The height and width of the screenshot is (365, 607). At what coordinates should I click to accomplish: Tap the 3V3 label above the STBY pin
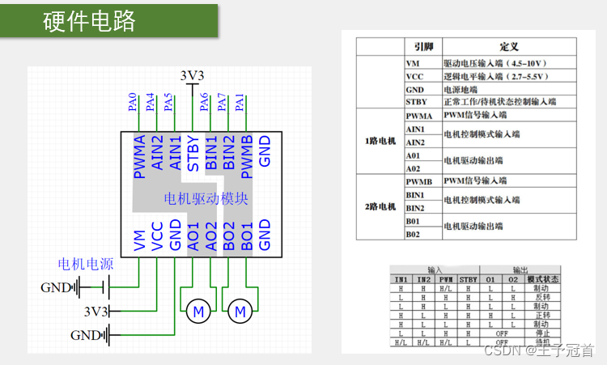[193, 76]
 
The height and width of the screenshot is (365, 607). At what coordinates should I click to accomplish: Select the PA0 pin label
[133, 102]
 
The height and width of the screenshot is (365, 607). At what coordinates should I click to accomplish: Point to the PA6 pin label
[203, 102]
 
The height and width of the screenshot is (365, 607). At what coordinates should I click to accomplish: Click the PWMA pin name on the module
[141, 152]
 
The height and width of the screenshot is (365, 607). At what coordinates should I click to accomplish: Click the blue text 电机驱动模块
[206, 198]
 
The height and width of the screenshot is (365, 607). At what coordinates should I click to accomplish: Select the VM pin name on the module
[141, 240]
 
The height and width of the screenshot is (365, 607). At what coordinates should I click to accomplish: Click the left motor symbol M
[197, 310]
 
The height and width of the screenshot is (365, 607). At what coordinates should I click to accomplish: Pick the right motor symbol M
[240, 310]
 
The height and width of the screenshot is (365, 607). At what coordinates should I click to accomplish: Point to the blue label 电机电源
[85, 264]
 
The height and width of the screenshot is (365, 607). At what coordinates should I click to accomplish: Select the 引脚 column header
[423, 47]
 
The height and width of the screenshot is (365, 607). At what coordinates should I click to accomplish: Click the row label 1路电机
[380, 142]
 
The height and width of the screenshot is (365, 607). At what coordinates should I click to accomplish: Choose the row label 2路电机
[380, 206]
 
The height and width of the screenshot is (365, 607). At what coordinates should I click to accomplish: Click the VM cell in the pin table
[414, 62]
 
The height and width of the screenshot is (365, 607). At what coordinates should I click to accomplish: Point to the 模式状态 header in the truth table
[543, 279]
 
